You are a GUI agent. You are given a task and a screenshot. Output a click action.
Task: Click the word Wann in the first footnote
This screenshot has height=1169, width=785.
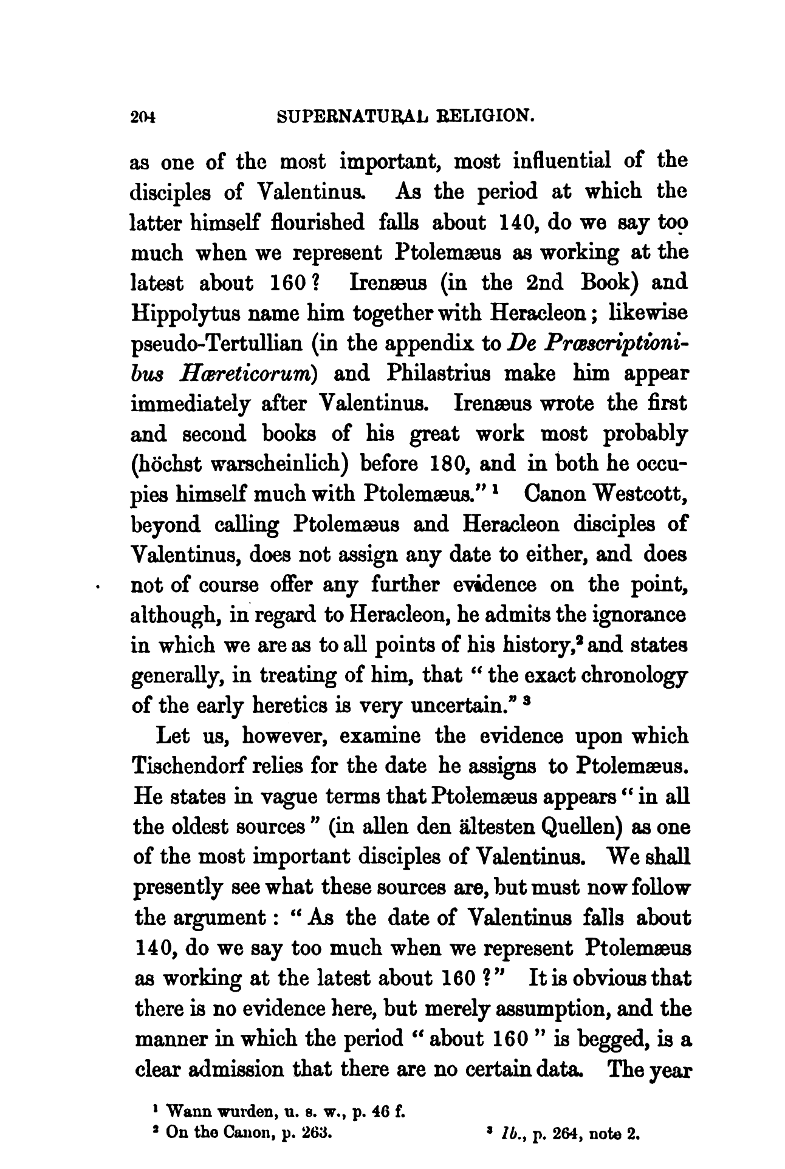[x=186, y=1113]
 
